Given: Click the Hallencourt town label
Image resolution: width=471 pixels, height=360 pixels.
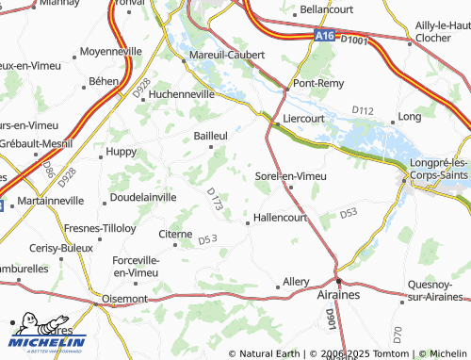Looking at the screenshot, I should click(x=281, y=218).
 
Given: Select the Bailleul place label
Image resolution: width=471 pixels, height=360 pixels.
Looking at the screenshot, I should click(x=211, y=136).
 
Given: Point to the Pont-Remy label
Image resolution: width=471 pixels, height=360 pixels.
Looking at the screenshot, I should click(x=317, y=83).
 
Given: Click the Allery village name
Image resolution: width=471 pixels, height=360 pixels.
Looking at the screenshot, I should click(x=295, y=282).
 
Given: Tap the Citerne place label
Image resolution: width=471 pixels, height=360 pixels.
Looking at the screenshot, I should click(x=175, y=233).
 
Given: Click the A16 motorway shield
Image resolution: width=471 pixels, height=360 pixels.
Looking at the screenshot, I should click(x=323, y=36).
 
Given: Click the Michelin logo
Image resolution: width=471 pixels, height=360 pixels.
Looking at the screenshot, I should click(x=47, y=332).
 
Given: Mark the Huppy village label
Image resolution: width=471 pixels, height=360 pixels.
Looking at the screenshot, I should click(x=121, y=151).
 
